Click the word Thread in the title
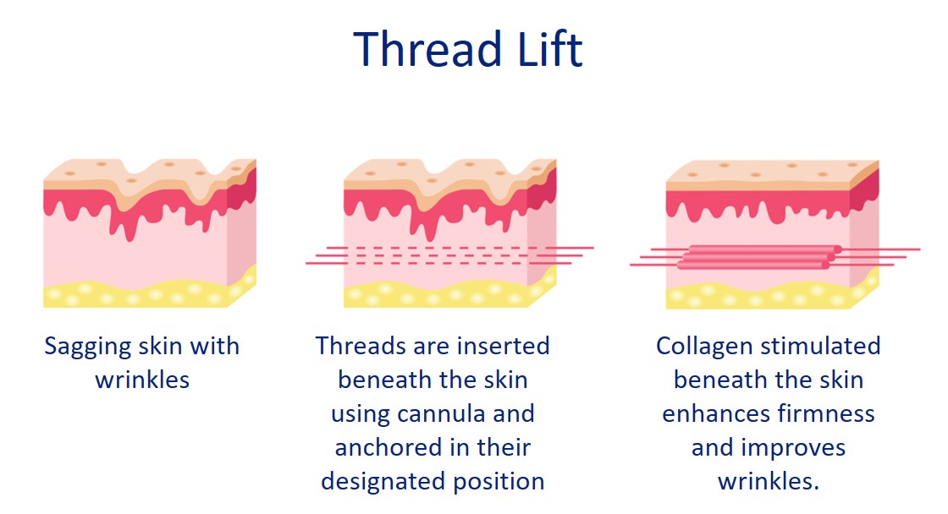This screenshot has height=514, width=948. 410,49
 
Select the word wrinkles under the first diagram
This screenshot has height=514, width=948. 142,380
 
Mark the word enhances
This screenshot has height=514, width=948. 712,414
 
